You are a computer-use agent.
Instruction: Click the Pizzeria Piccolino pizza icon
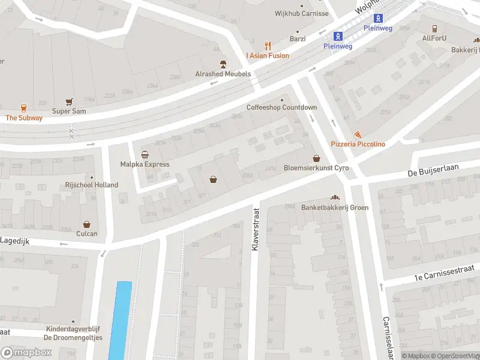click(x=358, y=134)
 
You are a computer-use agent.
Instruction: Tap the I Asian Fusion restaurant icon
click(x=268, y=46)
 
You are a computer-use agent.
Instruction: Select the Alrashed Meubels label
click(x=223, y=74)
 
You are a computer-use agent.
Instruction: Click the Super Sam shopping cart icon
click(x=69, y=102)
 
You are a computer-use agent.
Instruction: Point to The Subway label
click(x=24, y=118)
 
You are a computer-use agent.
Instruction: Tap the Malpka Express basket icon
click(x=145, y=154)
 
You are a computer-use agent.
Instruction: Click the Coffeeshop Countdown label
click(x=281, y=107)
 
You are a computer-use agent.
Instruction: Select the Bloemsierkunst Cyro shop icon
click(x=316, y=158)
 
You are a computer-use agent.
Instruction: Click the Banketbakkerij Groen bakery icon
click(x=335, y=198)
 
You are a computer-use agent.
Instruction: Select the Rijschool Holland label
click(x=92, y=185)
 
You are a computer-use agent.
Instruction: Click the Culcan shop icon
click(x=86, y=224)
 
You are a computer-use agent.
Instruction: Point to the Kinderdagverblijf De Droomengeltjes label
click(x=74, y=333)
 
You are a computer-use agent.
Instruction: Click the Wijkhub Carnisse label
click(x=302, y=13)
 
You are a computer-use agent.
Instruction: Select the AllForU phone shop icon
click(x=434, y=28)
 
